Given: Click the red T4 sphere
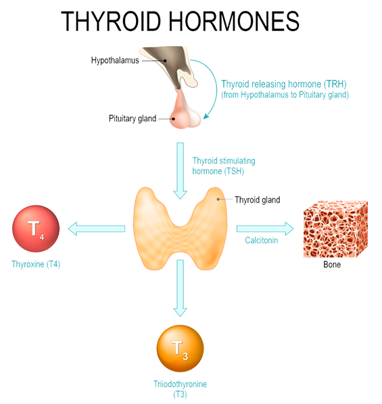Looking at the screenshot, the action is point(36,228).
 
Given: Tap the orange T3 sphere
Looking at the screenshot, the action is point(180,349).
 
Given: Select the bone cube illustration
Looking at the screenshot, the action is point(335,229).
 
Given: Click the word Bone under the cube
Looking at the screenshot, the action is point(332,265).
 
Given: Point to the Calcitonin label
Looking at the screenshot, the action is point(261,241).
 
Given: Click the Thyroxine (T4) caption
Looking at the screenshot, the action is point(36,264).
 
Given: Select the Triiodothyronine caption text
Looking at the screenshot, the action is point(180,384).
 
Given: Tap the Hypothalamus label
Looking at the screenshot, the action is point(115,61).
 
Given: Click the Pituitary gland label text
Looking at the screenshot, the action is point(133,118).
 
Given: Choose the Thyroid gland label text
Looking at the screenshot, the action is point(258,200).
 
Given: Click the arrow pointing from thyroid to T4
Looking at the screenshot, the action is point(97,228).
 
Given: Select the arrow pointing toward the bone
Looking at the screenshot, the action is point(265,228).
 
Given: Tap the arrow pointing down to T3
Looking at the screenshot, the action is point(181,288).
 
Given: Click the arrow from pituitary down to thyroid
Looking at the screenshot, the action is point(181,171).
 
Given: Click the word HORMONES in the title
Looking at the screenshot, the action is point(234,21).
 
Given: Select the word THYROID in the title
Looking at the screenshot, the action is point(111,21).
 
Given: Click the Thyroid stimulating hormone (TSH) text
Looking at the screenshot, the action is point(224,166).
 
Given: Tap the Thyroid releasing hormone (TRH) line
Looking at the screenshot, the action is point(284,84).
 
